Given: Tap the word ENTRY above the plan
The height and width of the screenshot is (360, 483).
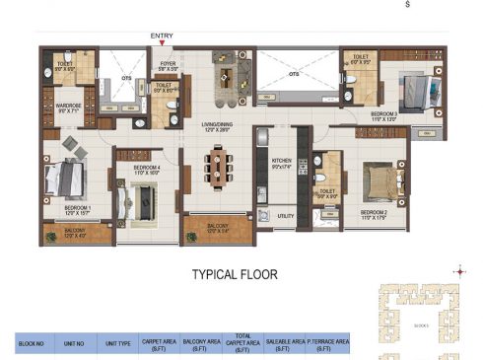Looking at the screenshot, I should click(163, 36).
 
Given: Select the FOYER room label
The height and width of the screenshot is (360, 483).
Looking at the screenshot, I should click(168, 67).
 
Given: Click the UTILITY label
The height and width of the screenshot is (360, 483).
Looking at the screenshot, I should click(287, 215).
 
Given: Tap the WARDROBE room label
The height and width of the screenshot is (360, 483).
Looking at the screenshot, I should click(68, 106).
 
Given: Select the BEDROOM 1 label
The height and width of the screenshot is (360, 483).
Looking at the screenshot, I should click(78, 209).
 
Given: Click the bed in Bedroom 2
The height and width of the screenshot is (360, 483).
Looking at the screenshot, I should click(379, 182).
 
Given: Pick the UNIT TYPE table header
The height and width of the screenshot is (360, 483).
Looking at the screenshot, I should click(116, 343).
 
